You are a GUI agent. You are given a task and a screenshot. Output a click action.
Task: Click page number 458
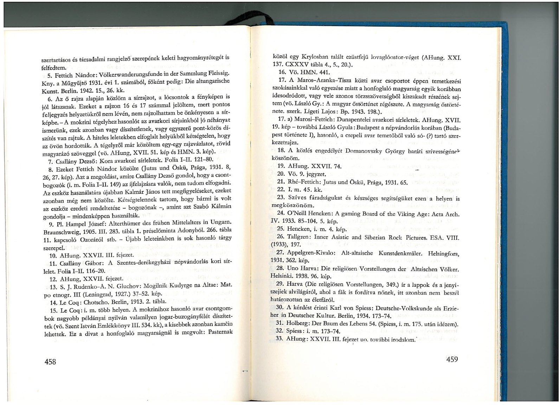(50, 362)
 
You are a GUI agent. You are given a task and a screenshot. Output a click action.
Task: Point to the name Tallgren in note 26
(298, 237)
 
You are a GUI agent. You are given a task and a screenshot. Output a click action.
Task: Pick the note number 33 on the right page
(280, 339)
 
